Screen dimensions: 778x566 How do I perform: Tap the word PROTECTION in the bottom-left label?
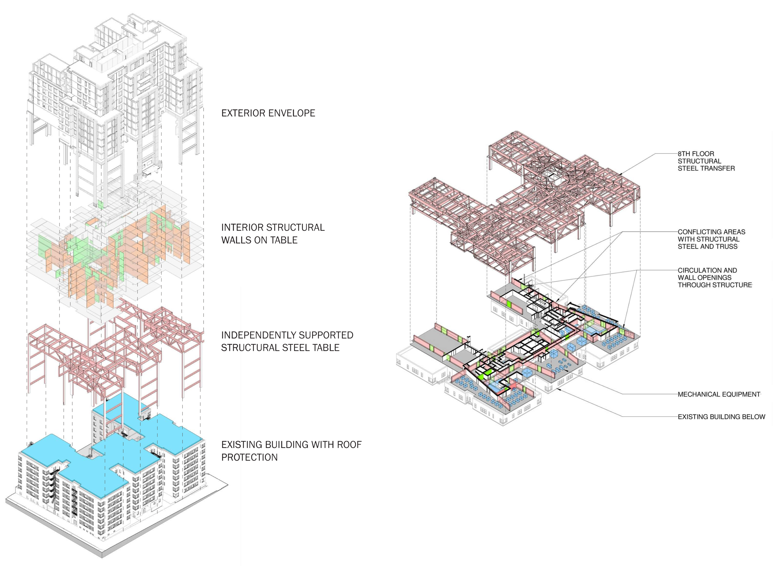click(249, 458)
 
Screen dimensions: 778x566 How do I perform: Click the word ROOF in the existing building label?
click(349, 445)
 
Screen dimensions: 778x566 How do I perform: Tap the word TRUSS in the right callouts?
click(728, 247)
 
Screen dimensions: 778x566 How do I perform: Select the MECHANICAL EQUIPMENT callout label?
click(719, 394)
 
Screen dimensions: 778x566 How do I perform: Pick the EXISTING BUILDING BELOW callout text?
click(721, 417)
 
